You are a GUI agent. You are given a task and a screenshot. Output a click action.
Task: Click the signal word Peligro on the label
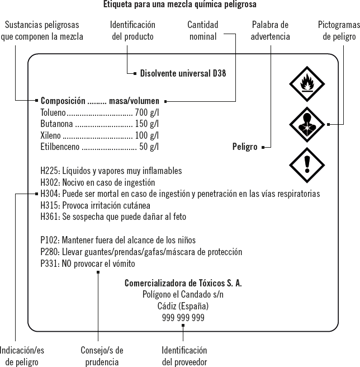[244, 147]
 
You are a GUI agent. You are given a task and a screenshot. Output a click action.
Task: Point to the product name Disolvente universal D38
[183, 73]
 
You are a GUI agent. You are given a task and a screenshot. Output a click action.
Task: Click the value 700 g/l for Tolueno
[147, 112]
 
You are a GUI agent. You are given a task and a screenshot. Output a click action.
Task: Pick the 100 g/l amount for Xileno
[147, 135]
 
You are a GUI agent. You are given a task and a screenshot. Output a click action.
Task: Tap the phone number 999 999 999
[183, 318]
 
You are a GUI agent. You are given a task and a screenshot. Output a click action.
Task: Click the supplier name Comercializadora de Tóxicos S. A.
[183, 283]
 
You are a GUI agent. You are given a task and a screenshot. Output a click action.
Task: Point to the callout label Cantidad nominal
[202, 31]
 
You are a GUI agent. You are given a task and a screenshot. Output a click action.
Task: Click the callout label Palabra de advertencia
[270, 31]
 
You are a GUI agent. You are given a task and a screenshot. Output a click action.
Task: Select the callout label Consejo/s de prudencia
[102, 356]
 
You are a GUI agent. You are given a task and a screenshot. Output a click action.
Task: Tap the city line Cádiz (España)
[183, 306]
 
